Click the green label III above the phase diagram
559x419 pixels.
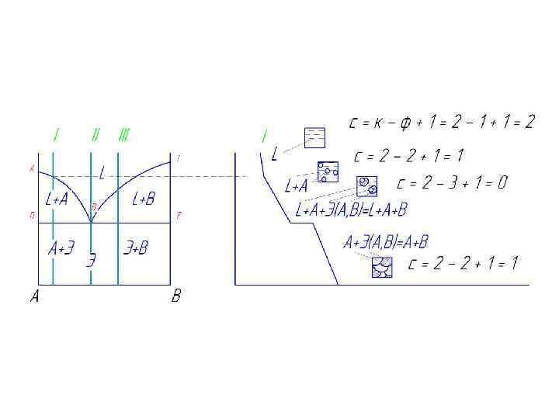point(123,135)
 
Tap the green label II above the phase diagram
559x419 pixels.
point(95,135)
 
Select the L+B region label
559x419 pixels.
point(144,199)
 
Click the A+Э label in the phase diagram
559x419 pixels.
point(61,248)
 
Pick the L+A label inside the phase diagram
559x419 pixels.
point(57,199)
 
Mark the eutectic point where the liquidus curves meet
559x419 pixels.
point(91,222)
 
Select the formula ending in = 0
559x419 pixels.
point(451,183)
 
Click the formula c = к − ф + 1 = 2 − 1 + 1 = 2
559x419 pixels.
point(442,122)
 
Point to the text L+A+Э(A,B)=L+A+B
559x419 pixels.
point(352,209)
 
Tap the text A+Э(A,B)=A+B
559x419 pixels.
point(386,243)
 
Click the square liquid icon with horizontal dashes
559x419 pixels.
point(314,137)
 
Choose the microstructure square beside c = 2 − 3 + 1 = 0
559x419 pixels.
point(366,186)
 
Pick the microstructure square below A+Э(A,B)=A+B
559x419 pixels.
point(381,267)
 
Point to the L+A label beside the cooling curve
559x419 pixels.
point(297,186)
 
